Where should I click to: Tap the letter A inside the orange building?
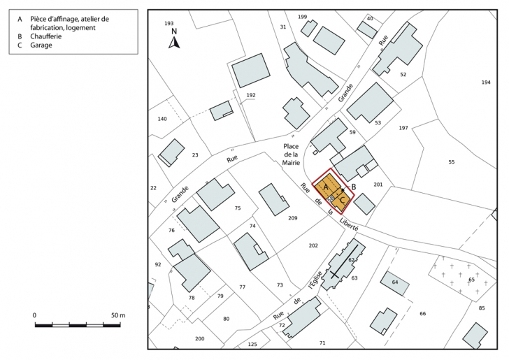click(x=325, y=187)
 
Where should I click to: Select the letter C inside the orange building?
click(x=342, y=201)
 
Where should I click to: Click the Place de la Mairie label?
click(x=291, y=154)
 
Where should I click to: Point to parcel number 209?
click(x=292, y=219)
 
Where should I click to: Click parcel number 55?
click(x=451, y=162)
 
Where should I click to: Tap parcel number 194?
click(x=486, y=82)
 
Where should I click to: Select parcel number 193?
click(x=169, y=24)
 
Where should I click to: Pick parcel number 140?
click(x=162, y=119)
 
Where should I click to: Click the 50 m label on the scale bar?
click(x=117, y=316)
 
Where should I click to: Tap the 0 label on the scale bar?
click(x=35, y=316)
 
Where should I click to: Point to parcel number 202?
click(x=313, y=245)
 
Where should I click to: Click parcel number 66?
click(x=422, y=314)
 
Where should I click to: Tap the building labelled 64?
click(x=394, y=282)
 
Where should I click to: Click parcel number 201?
click(x=378, y=185)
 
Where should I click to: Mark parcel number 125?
click(x=252, y=345)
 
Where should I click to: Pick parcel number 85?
click(x=481, y=308)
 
